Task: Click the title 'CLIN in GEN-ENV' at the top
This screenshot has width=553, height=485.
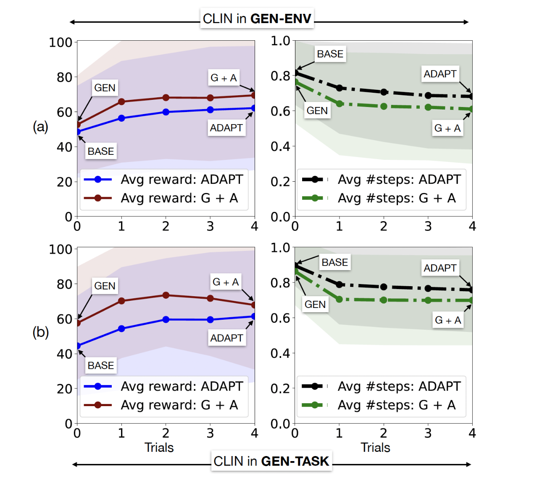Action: point(257,19)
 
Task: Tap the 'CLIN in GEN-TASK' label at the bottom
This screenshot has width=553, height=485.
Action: point(271,461)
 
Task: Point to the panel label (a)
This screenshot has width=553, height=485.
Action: point(40,126)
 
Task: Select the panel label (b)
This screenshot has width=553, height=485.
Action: point(40,332)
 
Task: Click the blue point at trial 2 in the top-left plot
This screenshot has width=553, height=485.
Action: point(166,112)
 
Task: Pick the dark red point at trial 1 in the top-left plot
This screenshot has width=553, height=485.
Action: point(121,102)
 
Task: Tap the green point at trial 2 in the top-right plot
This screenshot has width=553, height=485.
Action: point(384,107)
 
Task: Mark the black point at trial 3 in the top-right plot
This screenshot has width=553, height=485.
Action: point(428,95)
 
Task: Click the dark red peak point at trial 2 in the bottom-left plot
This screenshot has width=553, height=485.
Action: point(166,295)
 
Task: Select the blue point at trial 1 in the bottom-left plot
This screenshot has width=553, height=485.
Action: point(121,329)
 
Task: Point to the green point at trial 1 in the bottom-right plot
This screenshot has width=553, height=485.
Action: point(339,299)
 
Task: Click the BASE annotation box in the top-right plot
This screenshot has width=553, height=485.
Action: point(330,54)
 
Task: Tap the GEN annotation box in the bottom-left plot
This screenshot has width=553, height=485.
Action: point(105,286)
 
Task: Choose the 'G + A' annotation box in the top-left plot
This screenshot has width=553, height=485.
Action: point(224,78)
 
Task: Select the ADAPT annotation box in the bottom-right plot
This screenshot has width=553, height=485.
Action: point(440,268)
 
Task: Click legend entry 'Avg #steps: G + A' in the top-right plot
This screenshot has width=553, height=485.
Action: point(396,198)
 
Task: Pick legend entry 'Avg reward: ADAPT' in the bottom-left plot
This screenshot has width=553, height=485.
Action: point(182,386)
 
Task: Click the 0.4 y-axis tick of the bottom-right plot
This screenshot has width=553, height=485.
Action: point(280,353)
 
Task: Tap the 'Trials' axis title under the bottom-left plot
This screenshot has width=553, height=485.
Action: point(159,448)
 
